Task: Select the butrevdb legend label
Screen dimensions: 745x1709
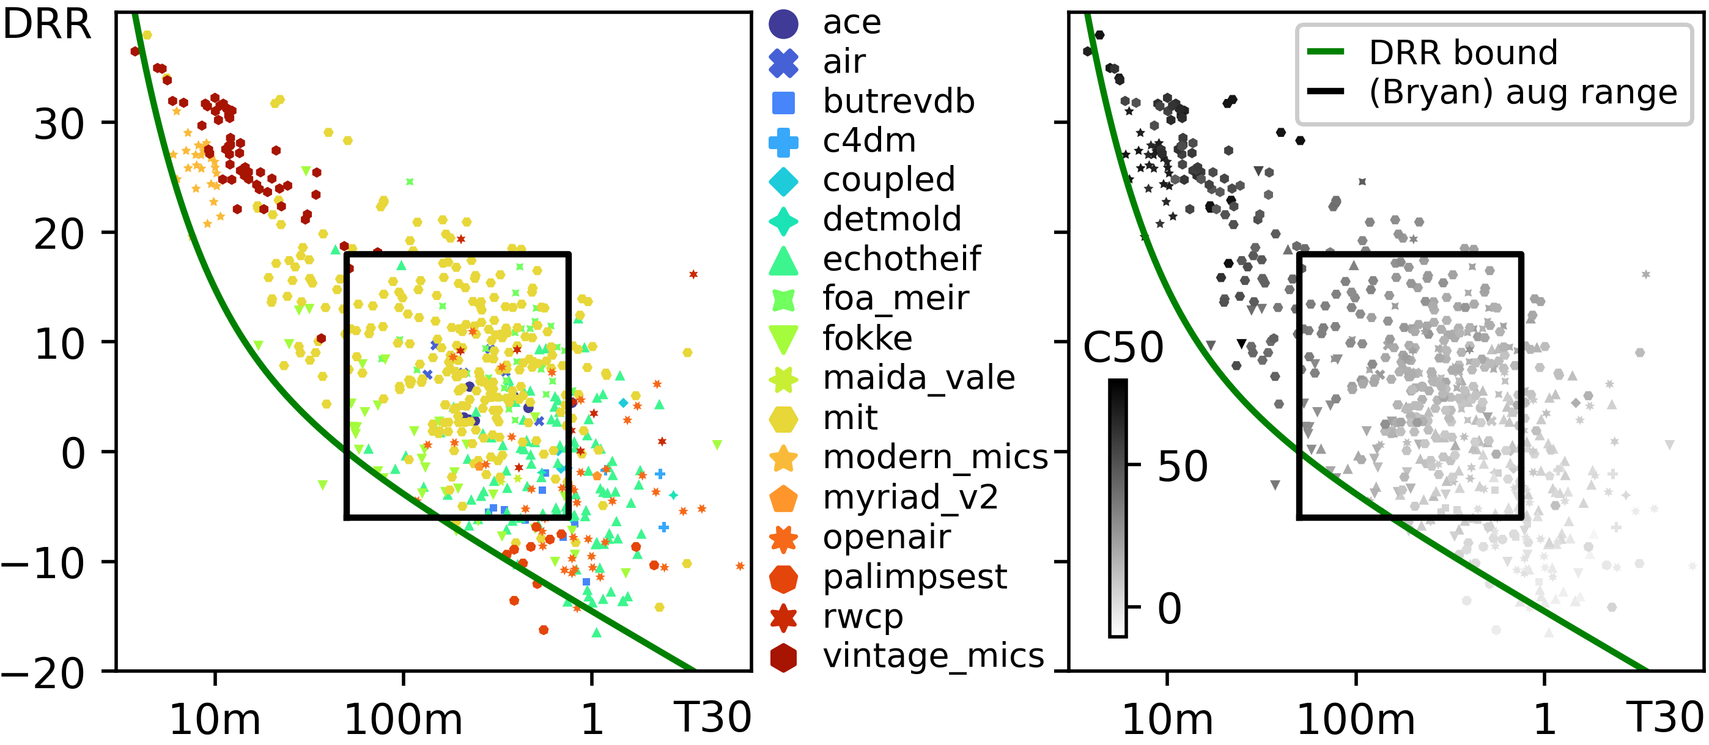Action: click(x=898, y=101)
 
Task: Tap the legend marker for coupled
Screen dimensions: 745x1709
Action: click(x=783, y=182)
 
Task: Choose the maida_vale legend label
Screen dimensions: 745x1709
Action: click(x=918, y=378)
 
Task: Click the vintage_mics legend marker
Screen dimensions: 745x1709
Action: click(x=783, y=658)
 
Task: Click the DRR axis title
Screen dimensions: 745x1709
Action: click(x=46, y=25)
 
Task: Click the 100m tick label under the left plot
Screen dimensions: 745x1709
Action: click(x=403, y=720)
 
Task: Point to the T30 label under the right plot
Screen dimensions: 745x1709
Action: click(x=1664, y=717)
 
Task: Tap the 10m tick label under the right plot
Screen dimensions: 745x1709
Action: click(x=1167, y=720)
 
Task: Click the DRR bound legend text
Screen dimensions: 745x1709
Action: click(x=1463, y=53)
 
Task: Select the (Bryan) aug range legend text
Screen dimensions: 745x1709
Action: click(x=1523, y=92)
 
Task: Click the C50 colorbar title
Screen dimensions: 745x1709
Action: click(x=1123, y=348)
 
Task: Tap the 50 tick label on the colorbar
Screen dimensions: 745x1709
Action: click(x=1182, y=467)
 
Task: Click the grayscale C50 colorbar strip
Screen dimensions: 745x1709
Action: click(x=1118, y=507)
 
